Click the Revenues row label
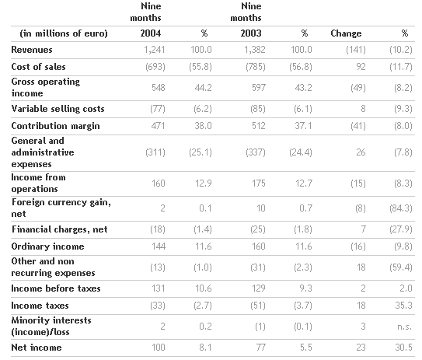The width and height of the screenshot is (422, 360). point(32,50)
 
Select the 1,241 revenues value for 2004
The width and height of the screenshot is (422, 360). point(154,50)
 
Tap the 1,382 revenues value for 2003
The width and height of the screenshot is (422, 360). point(255,50)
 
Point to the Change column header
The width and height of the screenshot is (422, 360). point(346,33)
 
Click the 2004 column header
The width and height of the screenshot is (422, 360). point(151,33)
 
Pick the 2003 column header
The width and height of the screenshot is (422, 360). point(251,33)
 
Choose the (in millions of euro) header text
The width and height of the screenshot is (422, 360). point(64,33)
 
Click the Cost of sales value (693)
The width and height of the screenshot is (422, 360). point(155,67)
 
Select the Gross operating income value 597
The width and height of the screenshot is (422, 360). point(259,88)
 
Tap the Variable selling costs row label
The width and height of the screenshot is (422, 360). point(58,109)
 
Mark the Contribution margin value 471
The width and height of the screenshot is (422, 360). point(158,126)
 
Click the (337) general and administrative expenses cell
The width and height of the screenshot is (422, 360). point(256,152)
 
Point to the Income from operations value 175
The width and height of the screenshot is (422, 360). point(259,183)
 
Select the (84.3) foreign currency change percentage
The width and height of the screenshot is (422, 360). point(401,208)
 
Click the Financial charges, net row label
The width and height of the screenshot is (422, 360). point(60,229)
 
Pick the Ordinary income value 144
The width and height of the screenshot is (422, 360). point(159,246)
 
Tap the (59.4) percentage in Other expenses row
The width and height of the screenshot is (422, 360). point(401,267)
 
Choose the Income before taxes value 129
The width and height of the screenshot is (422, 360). point(259,288)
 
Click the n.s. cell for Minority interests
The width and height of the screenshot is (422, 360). point(405,327)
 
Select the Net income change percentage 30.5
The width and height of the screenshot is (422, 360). point(403,348)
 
